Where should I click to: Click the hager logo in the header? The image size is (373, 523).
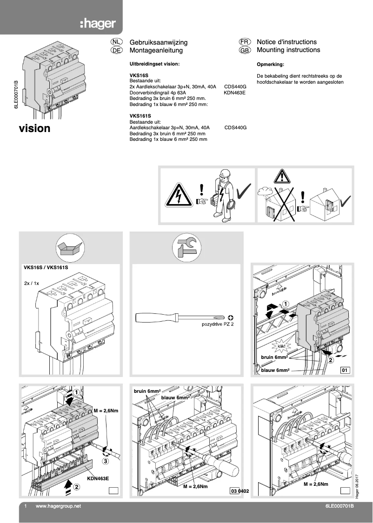click(x=97, y=24)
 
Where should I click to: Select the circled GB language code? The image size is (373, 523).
click(x=245, y=50)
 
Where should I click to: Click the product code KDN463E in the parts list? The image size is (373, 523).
click(x=234, y=93)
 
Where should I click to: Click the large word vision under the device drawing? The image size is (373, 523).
click(x=34, y=128)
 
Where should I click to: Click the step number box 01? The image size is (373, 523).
click(x=345, y=371)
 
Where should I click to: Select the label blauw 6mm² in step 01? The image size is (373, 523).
click(x=275, y=371)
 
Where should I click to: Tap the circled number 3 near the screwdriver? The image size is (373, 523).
click(x=105, y=462)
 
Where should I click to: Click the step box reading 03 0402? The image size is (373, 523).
click(x=239, y=491)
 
